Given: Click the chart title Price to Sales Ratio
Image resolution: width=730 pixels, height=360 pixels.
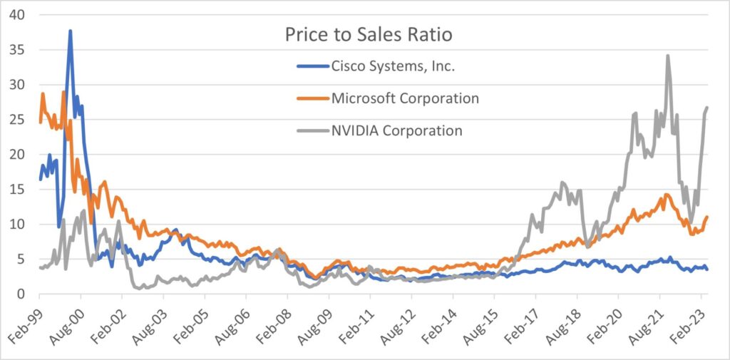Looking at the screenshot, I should point(369,35).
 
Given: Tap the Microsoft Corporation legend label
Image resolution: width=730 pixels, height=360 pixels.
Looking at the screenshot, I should point(405,98).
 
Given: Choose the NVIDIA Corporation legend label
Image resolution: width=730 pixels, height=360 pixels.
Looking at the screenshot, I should point(397,130).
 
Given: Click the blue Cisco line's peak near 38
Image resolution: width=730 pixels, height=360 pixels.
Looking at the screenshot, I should point(70,31).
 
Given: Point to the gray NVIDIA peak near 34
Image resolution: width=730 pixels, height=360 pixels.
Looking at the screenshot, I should point(667,56).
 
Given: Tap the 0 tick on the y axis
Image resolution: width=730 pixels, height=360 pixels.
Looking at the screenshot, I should point(23,294).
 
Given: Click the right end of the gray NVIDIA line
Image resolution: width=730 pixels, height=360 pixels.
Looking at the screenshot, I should point(707,108).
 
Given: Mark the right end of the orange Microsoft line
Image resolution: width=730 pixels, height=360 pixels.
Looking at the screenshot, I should point(707,217).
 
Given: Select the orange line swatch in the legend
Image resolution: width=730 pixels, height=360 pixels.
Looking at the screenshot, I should point(311,98).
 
